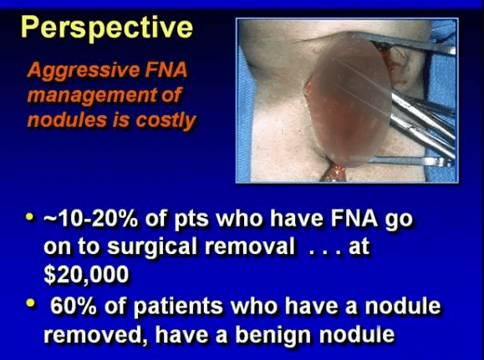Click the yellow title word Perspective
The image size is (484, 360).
pyautogui.click(x=107, y=28)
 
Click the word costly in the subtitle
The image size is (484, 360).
pyautogui.click(x=166, y=120)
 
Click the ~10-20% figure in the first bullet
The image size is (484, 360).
pyautogui.click(x=90, y=218)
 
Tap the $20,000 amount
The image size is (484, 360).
pyautogui.click(x=86, y=275)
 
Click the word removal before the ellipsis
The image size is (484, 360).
pyautogui.click(x=249, y=246)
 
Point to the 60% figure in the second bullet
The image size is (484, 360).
pyautogui.click(x=74, y=306)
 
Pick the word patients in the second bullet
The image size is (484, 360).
pyautogui.click(x=178, y=306)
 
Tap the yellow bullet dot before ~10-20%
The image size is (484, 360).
pyautogui.click(x=29, y=216)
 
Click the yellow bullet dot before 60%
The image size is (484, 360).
pyautogui.click(x=31, y=303)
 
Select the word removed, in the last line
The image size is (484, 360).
pyautogui.click(x=97, y=335)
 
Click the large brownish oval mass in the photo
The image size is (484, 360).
pyautogui.click(x=350, y=101)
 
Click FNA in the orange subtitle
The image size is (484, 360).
pyautogui.click(x=166, y=69)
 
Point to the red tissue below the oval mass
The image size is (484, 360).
pyautogui.click(x=334, y=174)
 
